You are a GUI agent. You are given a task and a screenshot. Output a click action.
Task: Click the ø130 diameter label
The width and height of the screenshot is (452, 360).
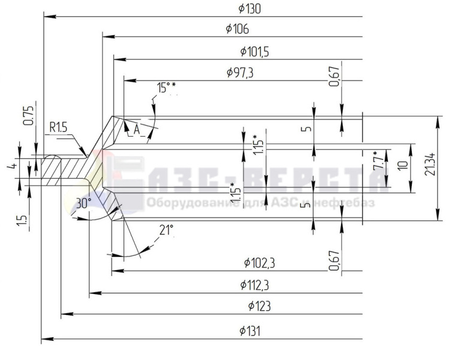[x=249, y=9]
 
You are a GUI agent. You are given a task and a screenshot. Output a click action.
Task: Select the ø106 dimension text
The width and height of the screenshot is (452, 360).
[x=237, y=29]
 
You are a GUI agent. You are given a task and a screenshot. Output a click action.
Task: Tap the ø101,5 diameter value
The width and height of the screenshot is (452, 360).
[x=255, y=52]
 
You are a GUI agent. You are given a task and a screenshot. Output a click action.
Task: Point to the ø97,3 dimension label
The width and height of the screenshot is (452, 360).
[x=240, y=73]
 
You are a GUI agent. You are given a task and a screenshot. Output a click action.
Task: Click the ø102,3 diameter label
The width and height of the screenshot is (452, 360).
[x=260, y=263]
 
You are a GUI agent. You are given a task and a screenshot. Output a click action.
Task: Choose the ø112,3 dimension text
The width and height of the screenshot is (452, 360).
[x=255, y=285]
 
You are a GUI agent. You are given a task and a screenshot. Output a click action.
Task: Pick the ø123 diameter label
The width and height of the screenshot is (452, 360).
[x=260, y=306]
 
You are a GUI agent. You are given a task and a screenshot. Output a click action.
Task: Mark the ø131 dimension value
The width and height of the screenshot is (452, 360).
[x=249, y=331]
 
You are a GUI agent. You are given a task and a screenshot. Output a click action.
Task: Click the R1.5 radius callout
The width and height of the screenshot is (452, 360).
[x=58, y=127]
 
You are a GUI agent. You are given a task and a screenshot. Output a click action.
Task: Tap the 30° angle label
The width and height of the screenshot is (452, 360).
[x=83, y=203]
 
